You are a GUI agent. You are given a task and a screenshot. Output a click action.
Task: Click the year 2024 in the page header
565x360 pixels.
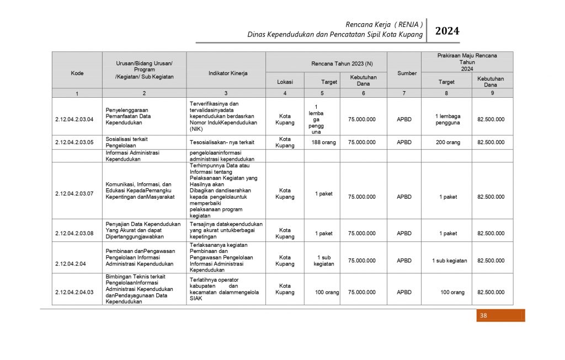pyautogui.click(x=447, y=31)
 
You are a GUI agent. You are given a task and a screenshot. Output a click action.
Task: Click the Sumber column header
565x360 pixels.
pyautogui.click(x=407, y=73)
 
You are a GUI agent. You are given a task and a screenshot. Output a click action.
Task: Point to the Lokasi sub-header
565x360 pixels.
pyautogui.click(x=285, y=82)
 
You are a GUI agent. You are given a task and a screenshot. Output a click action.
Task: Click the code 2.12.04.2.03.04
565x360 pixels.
pyautogui.click(x=74, y=119)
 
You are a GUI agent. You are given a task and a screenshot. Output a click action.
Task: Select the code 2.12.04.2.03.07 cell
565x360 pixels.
pyautogui.click(x=74, y=194)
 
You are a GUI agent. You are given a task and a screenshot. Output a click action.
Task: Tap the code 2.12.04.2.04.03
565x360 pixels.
pyautogui.click(x=74, y=292)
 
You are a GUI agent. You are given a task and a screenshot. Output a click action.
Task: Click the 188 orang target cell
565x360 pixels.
pyautogui.click(x=322, y=142)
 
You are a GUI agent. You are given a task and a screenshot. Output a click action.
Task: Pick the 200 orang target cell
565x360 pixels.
pyautogui.click(x=446, y=142)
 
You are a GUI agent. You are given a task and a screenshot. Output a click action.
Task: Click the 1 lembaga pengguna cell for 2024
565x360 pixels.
pyautogui.click(x=446, y=119)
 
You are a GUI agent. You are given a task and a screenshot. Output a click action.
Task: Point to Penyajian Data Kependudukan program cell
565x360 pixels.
pyautogui.click(x=143, y=230)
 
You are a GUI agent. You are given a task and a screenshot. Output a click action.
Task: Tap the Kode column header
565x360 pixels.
pyautogui.click(x=77, y=73)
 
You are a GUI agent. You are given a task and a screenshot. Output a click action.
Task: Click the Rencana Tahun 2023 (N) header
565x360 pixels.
pyautogui.click(x=326, y=63)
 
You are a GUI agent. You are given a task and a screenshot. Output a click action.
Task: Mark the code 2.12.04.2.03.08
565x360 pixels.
pyautogui.click(x=74, y=233)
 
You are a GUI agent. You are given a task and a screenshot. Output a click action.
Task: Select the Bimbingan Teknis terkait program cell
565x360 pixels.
pyautogui.click(x=142, y=289)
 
